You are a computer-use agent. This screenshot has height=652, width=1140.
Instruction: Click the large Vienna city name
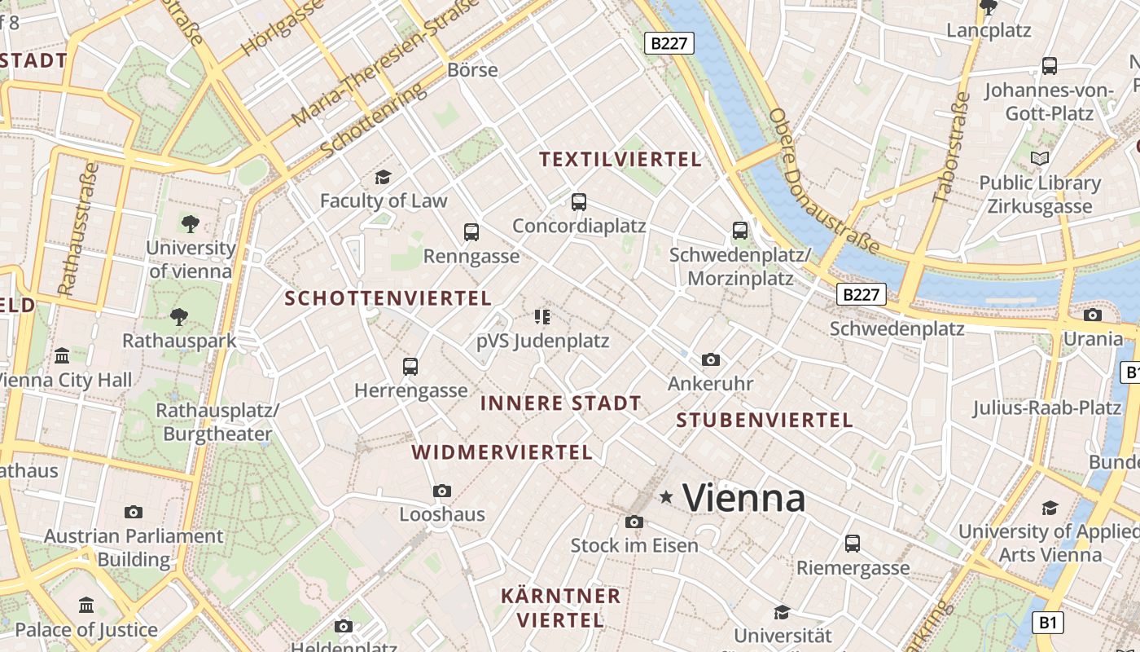pos(744,498)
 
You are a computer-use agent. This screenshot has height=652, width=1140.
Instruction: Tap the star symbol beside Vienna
pos(666,496)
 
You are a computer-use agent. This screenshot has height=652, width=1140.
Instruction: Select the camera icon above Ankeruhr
pos(710,359)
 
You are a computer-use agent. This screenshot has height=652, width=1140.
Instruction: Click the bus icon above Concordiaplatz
pos(579,202)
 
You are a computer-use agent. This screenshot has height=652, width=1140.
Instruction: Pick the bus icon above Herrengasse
pos(410,367)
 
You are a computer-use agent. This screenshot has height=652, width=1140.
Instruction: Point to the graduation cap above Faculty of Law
pos(383,177)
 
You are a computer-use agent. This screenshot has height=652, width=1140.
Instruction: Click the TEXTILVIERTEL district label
pos(620,160)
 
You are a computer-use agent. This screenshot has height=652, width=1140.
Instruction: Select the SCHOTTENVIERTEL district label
pos(388,299)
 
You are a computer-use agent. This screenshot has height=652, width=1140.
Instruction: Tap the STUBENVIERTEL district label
pos(765,421)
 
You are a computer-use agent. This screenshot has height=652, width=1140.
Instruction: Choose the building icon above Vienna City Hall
pos(62,356)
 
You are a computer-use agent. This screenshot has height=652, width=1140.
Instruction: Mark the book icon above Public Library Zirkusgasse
pos(1040,158)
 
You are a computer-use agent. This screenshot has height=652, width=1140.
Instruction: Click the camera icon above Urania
pos(1093,315)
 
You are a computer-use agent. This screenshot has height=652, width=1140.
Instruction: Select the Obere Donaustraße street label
pos(822,181)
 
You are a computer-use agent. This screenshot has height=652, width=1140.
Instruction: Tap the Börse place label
pos(472,70)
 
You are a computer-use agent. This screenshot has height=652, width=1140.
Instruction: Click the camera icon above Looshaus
pos(442,491)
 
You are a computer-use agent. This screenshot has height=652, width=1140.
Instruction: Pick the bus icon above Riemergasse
pos(853,543)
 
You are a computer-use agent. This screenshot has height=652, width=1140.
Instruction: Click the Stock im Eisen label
pos(634,545)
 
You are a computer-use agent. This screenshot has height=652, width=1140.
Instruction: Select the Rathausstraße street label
pos(78,228)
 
